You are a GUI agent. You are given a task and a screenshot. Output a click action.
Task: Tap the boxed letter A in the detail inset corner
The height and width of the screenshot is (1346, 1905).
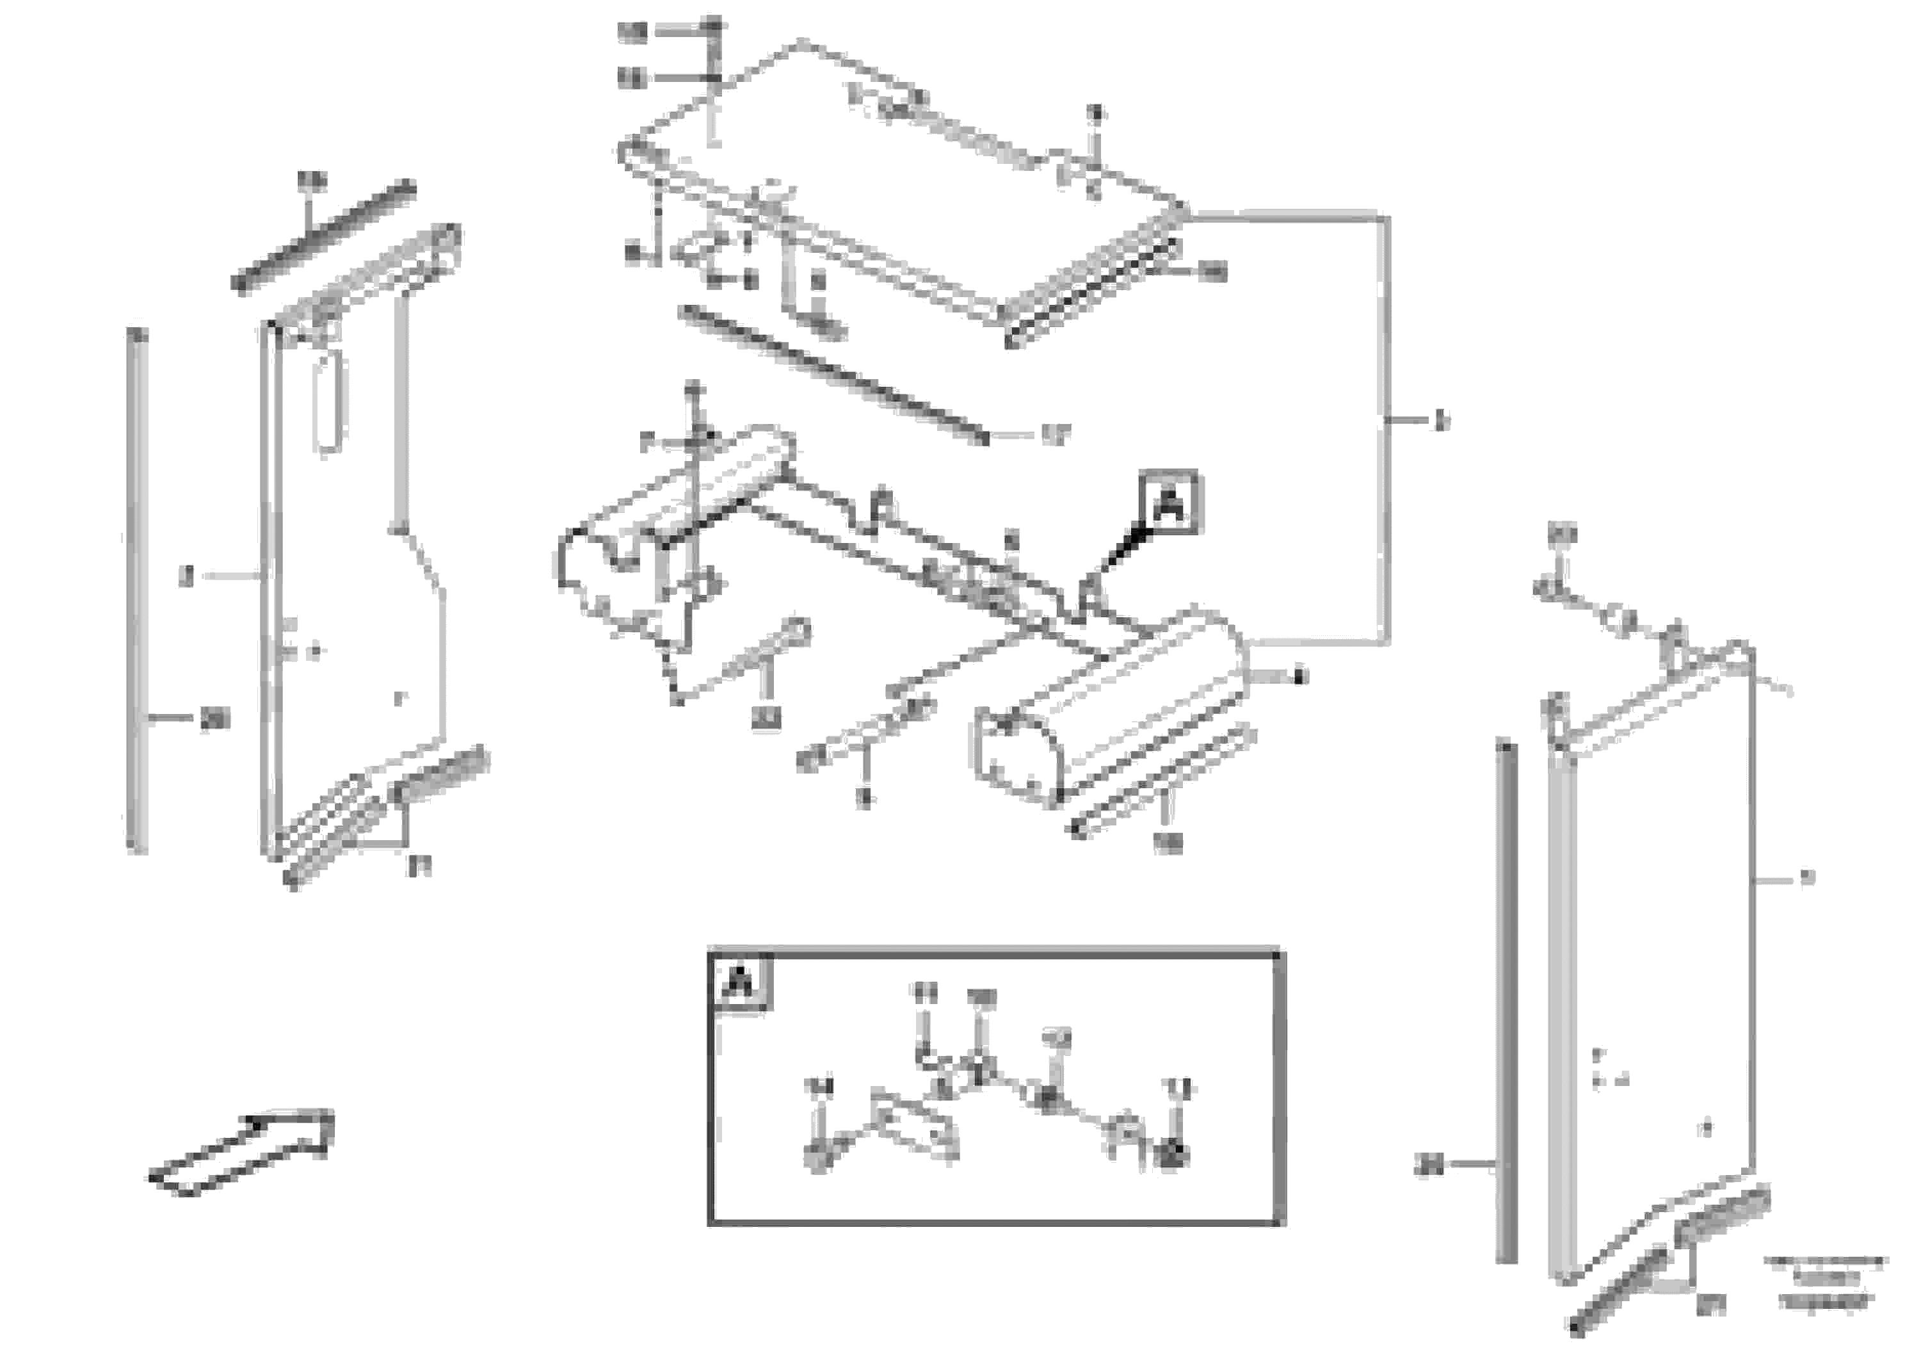(x=739, y=984)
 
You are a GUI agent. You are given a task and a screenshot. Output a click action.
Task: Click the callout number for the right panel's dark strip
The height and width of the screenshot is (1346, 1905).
(x=1429, y=1166)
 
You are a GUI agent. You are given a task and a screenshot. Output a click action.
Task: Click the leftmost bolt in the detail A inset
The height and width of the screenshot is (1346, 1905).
(x=818, y=1156)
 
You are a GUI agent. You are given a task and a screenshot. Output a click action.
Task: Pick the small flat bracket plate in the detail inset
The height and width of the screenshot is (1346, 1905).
(x=913, y=1125)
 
